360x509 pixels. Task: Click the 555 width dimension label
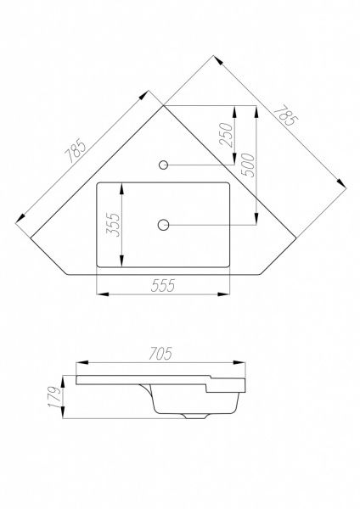click(163, 285)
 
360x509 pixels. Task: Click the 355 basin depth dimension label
click(113, 225)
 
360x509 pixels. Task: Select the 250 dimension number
click(226, 135)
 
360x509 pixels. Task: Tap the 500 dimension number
click(248, 165)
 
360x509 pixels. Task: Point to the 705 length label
click(160, 354)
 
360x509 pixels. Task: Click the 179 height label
click(54, 397)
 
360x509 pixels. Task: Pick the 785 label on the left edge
click(76, 151)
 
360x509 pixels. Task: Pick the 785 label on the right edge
click(285, 115)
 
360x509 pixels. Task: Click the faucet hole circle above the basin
click(163, 165)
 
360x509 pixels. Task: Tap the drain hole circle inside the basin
click(163, 225)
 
